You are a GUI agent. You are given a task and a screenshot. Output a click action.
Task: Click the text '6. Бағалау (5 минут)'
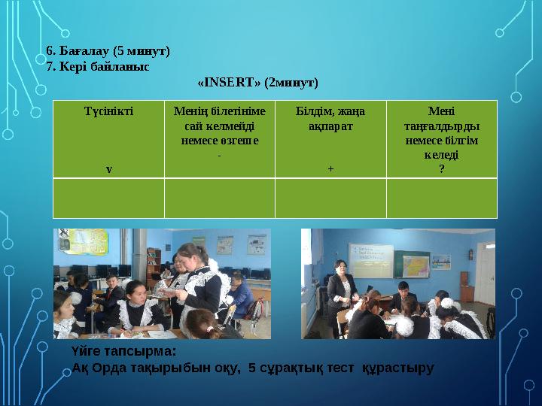tap(108, 51)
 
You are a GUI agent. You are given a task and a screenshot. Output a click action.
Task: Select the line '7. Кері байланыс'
tap(97, 66)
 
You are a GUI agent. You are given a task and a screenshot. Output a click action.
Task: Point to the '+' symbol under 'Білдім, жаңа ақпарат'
tap(330, 168)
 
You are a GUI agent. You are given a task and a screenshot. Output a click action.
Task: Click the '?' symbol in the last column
tap(441, 168)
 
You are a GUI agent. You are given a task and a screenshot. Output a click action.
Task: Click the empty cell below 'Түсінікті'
tap(108, 198)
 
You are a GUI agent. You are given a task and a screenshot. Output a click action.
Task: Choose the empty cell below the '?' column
tap(441, 198)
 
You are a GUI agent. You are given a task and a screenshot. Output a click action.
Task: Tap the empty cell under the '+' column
tap(330, 198)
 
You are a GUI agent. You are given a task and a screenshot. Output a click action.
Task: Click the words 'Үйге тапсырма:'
tap(123, 351)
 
